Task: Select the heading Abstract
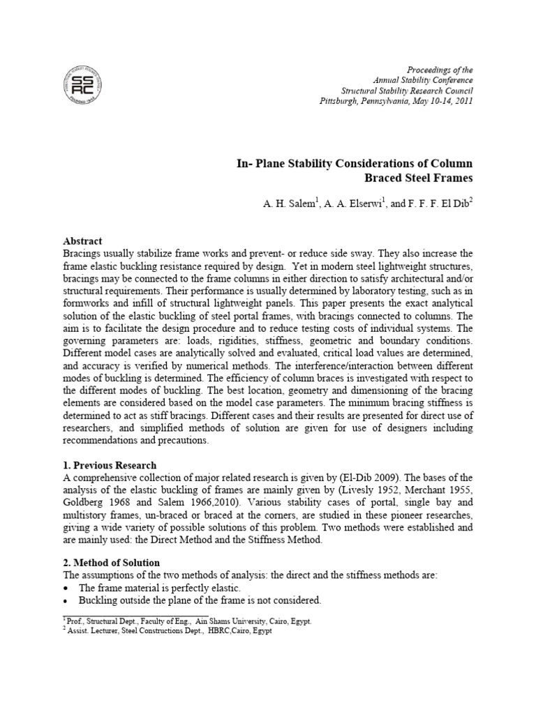click(x=82, y=241)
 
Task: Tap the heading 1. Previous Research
click(x=110, y=465)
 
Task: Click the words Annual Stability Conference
click(x=431, y=81)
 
